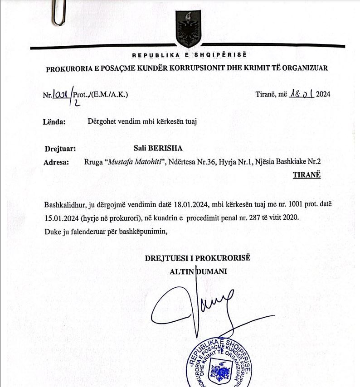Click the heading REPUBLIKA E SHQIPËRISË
pos(189,56)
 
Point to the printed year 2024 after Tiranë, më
pos(323,95)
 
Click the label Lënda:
pos(55,121)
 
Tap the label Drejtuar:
pos(60,148)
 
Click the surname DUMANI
pos(211,271)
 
